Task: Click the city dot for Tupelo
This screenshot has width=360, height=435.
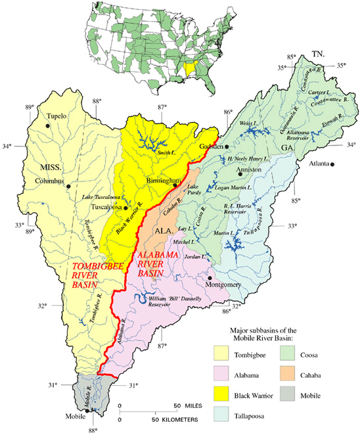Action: tap(47, 124)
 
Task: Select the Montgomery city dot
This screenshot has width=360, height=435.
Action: tap(210, 277)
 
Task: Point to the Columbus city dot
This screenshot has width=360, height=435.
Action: tap(68, 186)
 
